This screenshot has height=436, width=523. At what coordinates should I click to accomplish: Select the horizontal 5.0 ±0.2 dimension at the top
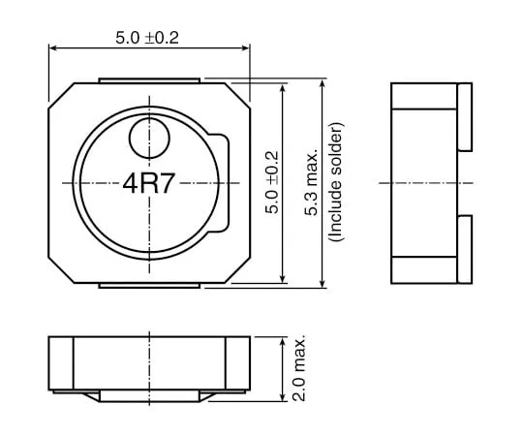[148, 38]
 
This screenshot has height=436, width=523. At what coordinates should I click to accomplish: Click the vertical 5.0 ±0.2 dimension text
[271, 182]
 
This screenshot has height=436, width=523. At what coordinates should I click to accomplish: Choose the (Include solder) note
[335, 182]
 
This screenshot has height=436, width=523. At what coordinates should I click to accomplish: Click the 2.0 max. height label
[298, 369]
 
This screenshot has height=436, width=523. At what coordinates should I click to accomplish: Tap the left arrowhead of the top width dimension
[53, 48]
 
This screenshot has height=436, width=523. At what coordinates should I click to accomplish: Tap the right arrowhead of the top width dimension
[244, 48]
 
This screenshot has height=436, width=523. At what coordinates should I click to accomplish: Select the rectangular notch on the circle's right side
[224, 183]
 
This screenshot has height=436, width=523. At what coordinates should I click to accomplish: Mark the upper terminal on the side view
[464, 116]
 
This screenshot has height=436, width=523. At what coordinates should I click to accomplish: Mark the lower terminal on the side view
[464, 250]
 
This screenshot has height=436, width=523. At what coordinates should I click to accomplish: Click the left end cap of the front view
[61, 364]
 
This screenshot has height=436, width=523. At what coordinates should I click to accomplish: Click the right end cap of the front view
[237, 364]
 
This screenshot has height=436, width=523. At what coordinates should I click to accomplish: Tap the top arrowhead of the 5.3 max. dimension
[322, 83]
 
